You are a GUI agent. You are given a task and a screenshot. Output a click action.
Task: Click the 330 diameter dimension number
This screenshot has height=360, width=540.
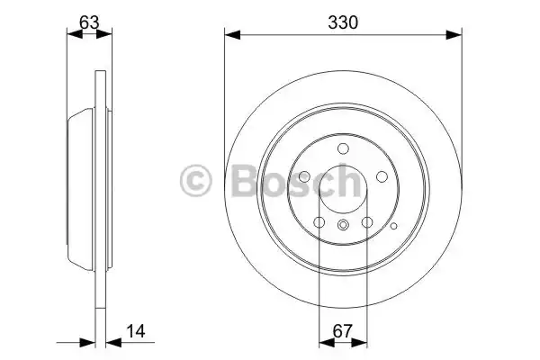coord(343,22)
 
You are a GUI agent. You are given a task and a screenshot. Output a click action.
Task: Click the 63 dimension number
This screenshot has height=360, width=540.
coord(89,22)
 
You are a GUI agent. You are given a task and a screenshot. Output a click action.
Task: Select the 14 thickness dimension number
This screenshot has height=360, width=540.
coord(136,331)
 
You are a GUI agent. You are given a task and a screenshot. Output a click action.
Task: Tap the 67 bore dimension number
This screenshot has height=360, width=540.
coord(343,331)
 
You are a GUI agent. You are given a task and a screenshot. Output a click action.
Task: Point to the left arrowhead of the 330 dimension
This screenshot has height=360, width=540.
coord(232,35)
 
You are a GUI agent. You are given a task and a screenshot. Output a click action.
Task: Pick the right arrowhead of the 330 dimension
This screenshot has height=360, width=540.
coord(454,35)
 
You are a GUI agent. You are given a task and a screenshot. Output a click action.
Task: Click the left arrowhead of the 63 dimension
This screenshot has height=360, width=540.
coord(75,34)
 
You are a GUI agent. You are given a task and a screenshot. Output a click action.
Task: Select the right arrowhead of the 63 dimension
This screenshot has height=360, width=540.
coord(104,34)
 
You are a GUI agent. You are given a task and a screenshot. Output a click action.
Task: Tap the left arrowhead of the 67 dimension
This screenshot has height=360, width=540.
coord(328,343)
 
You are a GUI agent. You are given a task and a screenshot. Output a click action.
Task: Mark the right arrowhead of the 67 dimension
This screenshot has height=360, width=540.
coord(359,343)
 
